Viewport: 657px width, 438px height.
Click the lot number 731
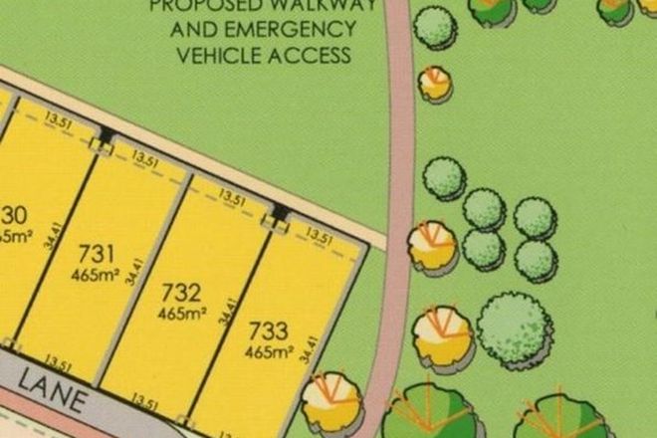tap(97, 252)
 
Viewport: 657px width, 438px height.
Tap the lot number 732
tap(181, 294)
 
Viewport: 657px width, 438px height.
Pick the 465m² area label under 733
tap(267, 352)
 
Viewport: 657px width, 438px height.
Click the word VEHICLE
tap(219, 56)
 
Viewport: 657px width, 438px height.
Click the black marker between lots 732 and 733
tap(280, 213)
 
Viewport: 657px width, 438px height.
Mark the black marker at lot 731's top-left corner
tap(106, 135)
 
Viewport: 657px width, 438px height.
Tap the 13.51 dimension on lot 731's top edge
tap(146, 158)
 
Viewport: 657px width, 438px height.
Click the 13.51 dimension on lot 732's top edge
tap(233, 198)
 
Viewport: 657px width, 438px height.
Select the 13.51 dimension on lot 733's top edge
tap(320, 237)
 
